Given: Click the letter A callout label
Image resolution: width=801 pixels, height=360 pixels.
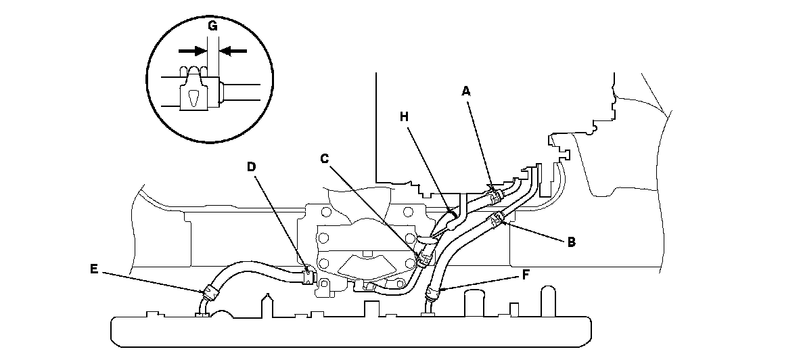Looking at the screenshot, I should click(465, 89).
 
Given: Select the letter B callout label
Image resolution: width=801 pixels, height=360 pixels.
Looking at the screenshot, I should click(571, 240).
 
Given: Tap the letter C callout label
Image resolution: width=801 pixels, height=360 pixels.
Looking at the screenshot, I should click(324, 158).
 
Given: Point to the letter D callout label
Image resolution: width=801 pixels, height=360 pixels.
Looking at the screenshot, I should click(251, 165).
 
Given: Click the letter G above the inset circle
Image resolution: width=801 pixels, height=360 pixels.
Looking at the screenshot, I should click(212, 26).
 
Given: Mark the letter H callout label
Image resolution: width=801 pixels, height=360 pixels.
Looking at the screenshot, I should click(405, 116).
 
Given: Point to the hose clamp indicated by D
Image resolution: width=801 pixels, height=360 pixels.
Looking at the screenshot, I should click(308, 275).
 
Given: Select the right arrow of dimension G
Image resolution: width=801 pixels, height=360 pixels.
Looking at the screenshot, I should click(230, 51).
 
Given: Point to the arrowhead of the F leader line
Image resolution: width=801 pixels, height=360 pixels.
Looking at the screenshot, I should click(438, 291).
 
